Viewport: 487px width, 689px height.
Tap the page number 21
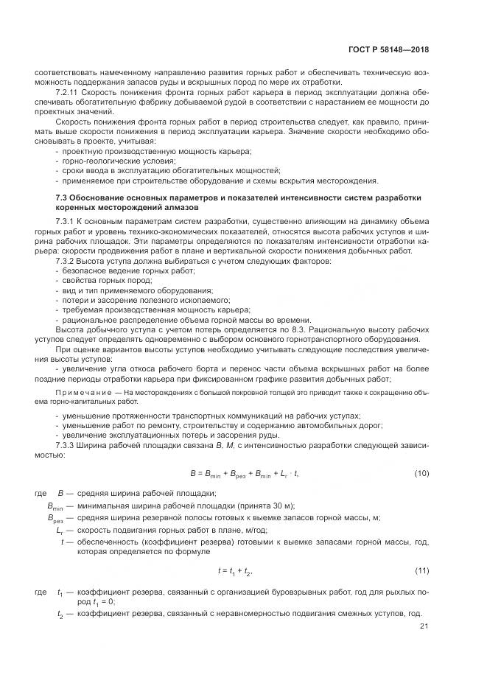pos(424,626)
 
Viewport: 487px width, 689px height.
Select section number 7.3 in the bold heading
pos(63,197)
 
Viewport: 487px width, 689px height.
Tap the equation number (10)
pos(421,473)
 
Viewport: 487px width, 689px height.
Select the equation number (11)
pos(421,571)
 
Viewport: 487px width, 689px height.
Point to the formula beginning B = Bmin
pos(244,473)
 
